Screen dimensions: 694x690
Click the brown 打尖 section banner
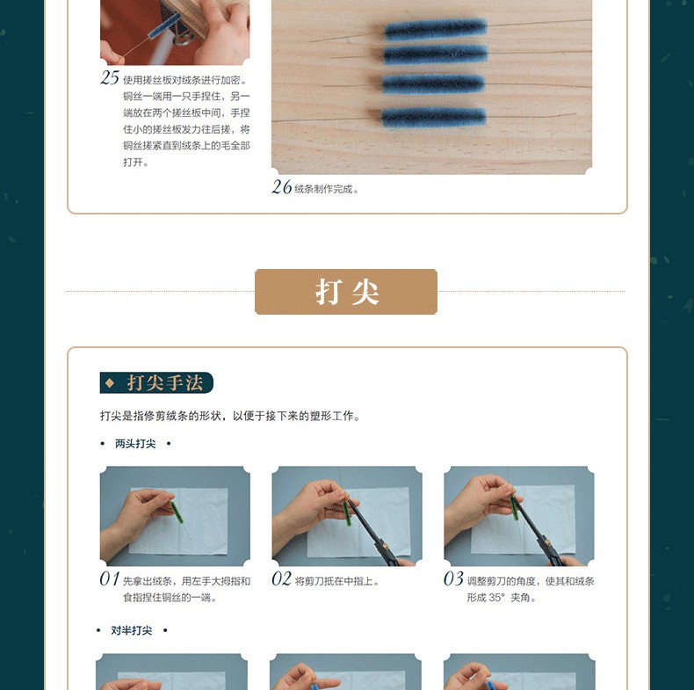345,292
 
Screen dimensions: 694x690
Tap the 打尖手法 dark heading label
156,382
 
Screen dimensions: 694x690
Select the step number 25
110,78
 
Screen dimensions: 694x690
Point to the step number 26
281,187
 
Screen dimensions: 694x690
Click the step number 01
109,579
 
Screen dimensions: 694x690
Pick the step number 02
281,579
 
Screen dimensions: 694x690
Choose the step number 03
453,579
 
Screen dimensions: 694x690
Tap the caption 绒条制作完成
326,190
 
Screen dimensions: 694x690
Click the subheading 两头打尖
135,444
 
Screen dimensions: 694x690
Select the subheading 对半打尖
132,630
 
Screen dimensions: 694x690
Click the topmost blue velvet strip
436,29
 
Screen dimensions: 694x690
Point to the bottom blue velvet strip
433,118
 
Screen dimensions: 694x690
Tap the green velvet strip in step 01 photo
177,512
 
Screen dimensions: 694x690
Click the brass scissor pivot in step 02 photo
385,547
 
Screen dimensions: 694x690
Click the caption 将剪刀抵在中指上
336,581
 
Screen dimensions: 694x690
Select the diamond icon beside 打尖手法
110,382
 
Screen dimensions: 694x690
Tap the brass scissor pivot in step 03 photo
547,541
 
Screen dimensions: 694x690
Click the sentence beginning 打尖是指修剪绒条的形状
229,416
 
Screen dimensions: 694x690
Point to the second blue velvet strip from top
436,54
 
